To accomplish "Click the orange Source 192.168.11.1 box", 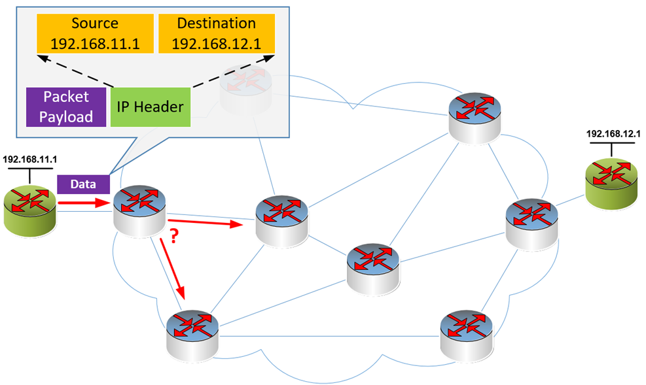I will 95,34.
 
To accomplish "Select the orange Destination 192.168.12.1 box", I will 216,34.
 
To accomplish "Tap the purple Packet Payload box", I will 66,107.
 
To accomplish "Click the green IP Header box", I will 151,107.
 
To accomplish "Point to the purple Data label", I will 82,185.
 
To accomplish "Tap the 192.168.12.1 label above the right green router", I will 613,133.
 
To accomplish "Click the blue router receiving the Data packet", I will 139,208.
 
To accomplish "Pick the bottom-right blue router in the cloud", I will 466,332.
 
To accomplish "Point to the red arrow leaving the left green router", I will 82,203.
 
